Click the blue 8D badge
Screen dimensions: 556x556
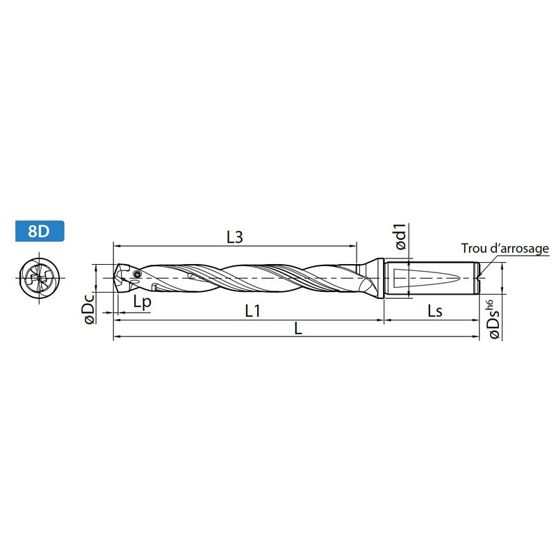tap(40, 231)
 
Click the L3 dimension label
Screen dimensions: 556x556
tap(235, 237)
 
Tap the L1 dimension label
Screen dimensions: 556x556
tap(253, 311)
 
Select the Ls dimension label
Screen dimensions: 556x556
tap(435, 311)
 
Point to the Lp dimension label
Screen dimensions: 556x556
tap(142, 302)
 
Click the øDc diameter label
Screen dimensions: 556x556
tap(89, 309)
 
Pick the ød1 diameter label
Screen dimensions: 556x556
tap(401, 236)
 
